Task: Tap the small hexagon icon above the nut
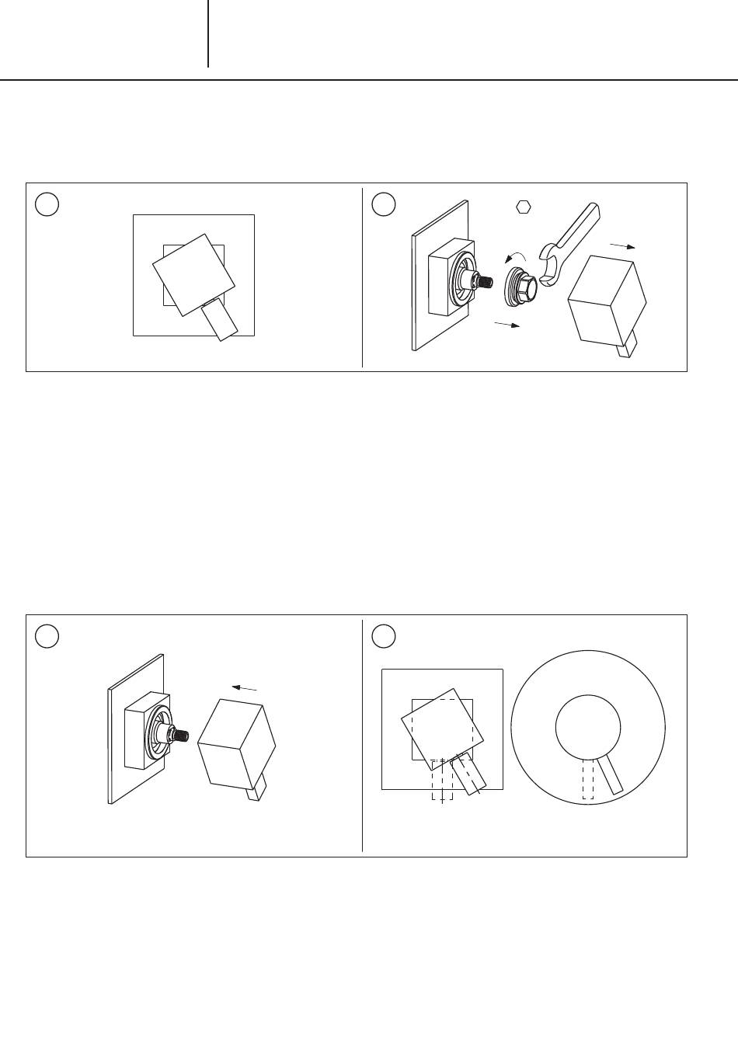tap(524, 207)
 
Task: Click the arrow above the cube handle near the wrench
tap(623, 245)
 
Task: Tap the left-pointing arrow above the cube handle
tap(245, 687)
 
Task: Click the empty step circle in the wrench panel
tap(384, 204)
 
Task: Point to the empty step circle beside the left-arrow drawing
tap(47, 635)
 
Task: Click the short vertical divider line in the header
tap(208, 33)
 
